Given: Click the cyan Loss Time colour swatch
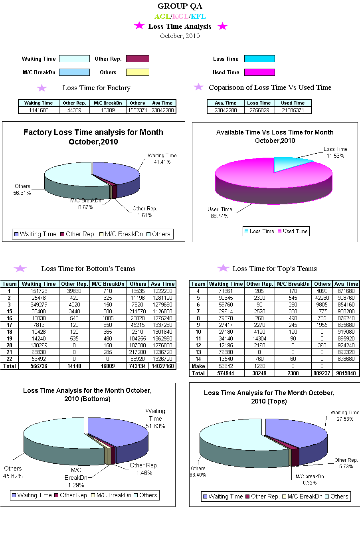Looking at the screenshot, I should pos(259,59).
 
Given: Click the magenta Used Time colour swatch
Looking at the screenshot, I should pos(259,72).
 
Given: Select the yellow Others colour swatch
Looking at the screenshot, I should pos(137,72).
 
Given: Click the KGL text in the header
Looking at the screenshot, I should pos(180,16).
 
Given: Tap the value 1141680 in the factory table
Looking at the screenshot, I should pos(39,110).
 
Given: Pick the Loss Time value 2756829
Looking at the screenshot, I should pos(259,110).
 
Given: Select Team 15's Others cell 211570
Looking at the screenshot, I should pos(138,311).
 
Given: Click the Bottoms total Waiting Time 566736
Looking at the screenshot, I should pos(39,366).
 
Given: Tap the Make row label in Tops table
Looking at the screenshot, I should pos(198,366).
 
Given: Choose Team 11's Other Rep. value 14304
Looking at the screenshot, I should pos(259,338).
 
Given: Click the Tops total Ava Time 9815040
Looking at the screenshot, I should pos(346,373).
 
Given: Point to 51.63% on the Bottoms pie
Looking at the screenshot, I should pos(155,426).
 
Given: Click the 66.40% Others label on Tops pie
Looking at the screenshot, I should pos(198,475).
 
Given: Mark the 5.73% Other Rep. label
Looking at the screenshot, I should pos(346,467).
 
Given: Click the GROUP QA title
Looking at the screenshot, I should pos(180,6).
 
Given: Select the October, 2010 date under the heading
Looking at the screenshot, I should pos(180,36).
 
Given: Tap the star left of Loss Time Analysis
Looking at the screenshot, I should pos(139,26).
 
